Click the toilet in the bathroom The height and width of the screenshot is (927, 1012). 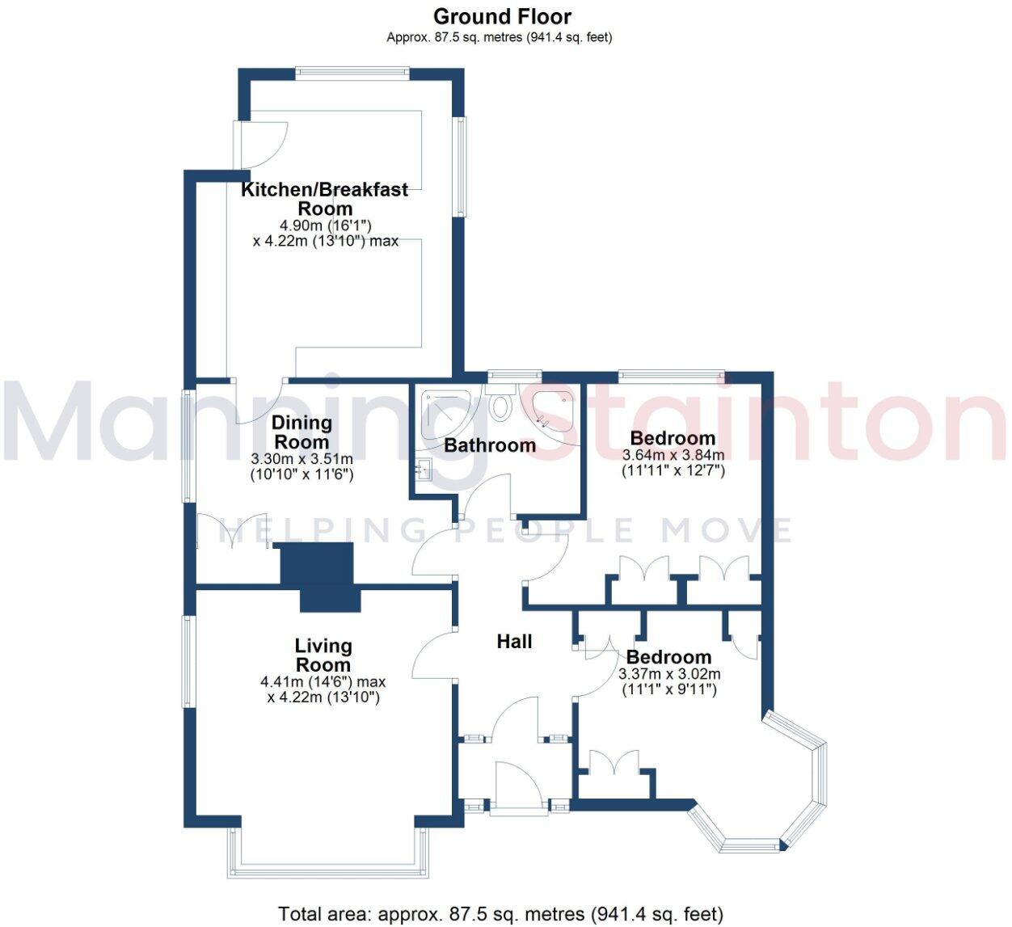point(501,403)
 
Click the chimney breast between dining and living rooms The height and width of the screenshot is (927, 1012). point(321,575)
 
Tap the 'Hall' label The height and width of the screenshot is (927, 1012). point(514,642)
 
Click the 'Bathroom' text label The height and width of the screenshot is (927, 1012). point(490,445)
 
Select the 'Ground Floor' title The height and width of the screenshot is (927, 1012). point(502,16)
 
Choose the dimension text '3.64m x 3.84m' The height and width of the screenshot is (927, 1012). point(673,455)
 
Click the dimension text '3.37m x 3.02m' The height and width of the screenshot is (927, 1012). point(669,674)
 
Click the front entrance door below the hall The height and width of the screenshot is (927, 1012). point(517,784)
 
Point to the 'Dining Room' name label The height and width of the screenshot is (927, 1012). point(301,432)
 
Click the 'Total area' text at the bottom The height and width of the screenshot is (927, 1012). point(500,914)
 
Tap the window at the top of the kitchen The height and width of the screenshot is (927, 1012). point(352,73)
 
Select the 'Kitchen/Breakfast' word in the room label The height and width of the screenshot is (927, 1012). point(325,190)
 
